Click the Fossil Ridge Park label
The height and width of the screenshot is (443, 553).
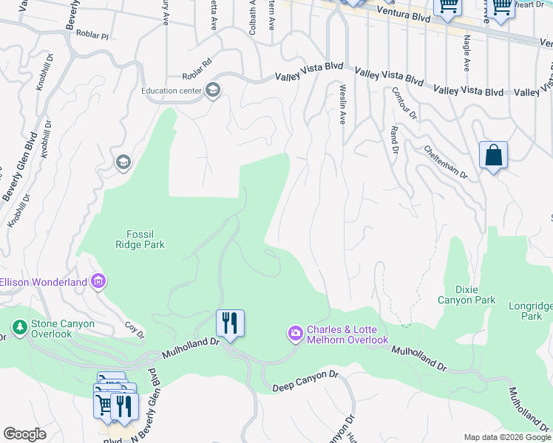[x=140, y=239]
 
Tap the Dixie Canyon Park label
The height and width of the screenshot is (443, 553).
[x=467, y=295]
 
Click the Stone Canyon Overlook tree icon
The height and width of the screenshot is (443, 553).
[x=20, y=326]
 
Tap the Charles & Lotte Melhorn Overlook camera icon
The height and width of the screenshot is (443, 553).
[x=296, y=334]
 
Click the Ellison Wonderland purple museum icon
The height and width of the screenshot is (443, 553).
[x=98, y=281]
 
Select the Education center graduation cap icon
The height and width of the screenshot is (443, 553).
[x=213, y=90]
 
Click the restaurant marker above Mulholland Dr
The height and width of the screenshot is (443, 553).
[x=230, y=323]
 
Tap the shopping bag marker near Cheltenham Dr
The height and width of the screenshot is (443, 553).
[x=493, y=156]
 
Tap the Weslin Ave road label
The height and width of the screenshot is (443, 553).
[x=342, y=103]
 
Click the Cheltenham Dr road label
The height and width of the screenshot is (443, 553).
[x=446, y=161]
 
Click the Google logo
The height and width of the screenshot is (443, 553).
[x=24, y=434]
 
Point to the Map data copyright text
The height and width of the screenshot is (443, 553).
[x=507, y=437]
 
